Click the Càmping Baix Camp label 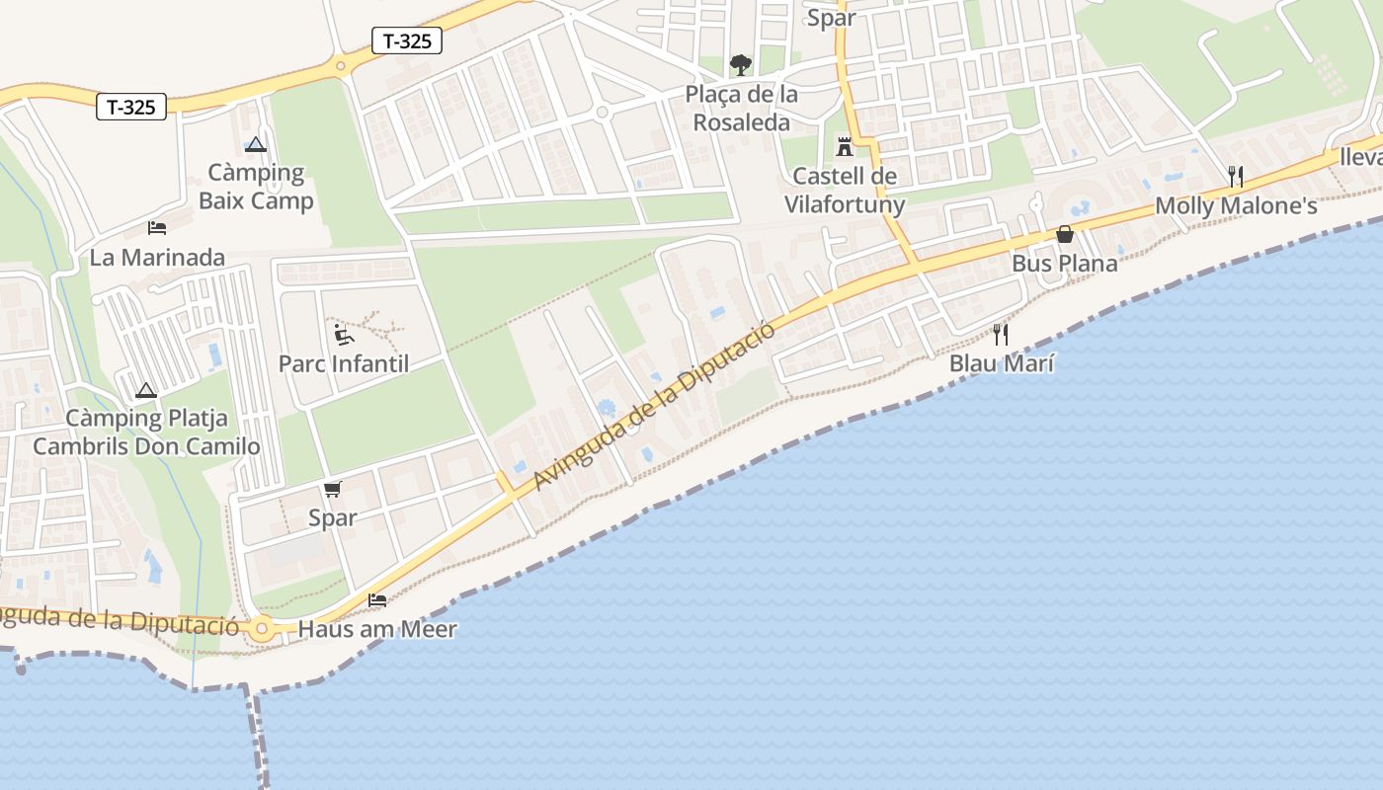(x=256, y=187)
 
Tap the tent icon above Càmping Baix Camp (x=256, y=144)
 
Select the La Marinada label (x=157, y=258)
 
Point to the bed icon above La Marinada (x=157, y=228)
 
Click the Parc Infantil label (x=344, y=363)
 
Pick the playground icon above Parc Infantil (x=344, y=335)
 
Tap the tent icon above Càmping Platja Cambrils (x=146, y=391)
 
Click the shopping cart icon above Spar (x=333, y=489)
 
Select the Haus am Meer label (x=377, y=629)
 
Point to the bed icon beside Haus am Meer (x=377, y=599)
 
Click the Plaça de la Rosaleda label (x=742, y=109)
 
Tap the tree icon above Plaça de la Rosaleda (x=740, y=66)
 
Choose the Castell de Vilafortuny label (x=845, y=191)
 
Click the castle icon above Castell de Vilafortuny (x=845, y=147)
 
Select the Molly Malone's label (x=1236, y=206)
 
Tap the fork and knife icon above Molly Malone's (x=1235, y=177)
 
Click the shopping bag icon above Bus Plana (x=1065, y=234)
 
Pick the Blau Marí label (x=1002, y=363)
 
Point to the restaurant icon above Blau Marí (x=1001, y=335)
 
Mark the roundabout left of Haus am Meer (x=261, y=628)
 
